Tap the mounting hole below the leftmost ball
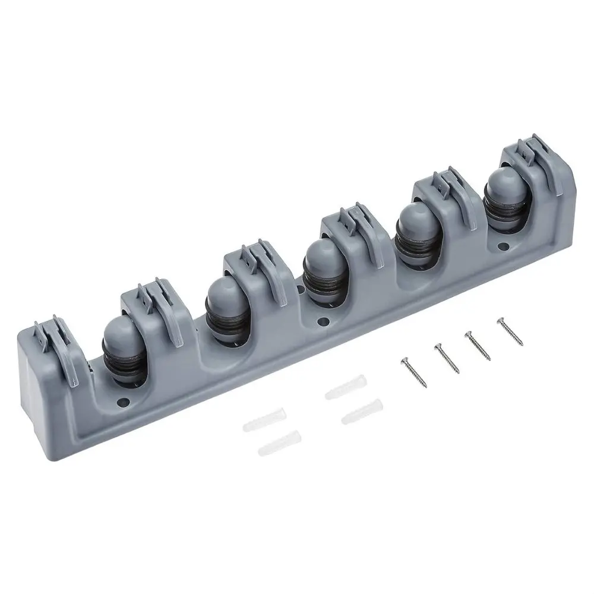[x=125, y=401]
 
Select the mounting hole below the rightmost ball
[x=504, y=245]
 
